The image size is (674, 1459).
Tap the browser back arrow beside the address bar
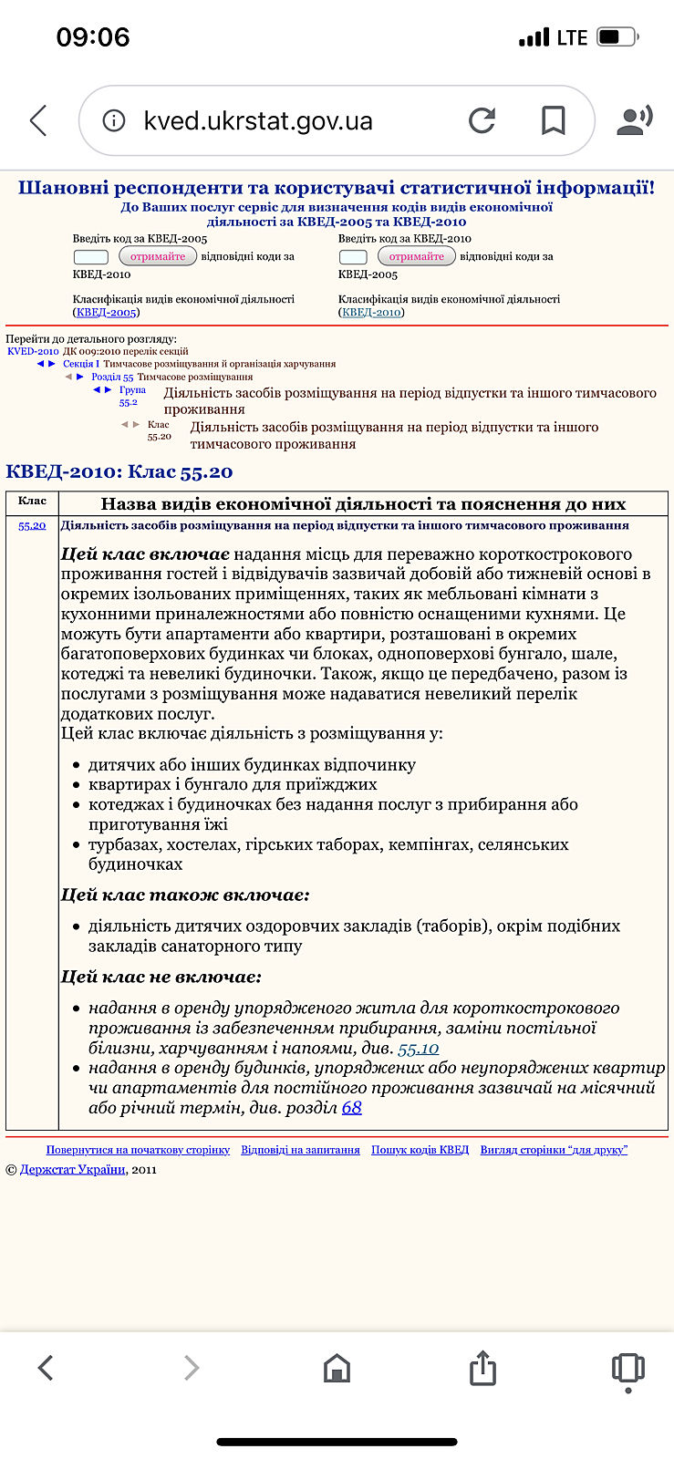pyautogui.click(x=38, y=120)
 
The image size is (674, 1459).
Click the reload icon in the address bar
pyautogui.click(x=482, y=120)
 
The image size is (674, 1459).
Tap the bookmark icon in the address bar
pyautogui.click(x=553, y=120)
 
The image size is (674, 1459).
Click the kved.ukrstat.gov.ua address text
pyautogui.click(x=258, y=121)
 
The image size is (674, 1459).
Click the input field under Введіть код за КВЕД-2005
pyautogui.click(x=90, y=257)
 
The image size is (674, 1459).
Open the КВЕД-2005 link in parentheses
pyautogui.click(x=106, y=313)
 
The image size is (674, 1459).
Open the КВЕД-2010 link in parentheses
pyautogui.click(x=371, y=313)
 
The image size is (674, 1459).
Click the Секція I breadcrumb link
pyautogui.click(x=81, y=364)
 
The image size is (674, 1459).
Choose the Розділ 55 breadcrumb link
pyautogui.click(x=112, y=377)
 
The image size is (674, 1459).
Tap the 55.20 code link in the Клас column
pyautogui.click(x=32, y=525)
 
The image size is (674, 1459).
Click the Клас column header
pyautogui.click(x=32, y=502)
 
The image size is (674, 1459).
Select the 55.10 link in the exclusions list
pyautogui.click(x=419, y=1049)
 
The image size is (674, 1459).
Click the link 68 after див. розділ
pyautogui.click(x=352, y=1108)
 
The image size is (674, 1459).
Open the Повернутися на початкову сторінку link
pyautogui.click(x=138, y=1150)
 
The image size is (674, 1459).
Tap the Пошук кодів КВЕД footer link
pyautogui.click(x=420, y=1150)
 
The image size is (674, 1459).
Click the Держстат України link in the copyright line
pyautogui.click(x=72, y=1170)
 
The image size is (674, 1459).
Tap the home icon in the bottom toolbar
pyautogui.click(x=337, y=1368)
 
